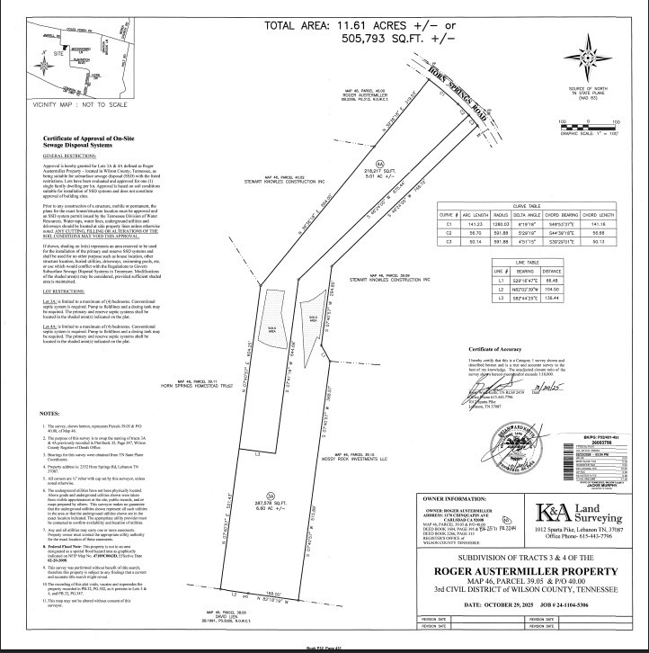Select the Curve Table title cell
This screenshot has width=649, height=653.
click(x=526, y=204)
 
